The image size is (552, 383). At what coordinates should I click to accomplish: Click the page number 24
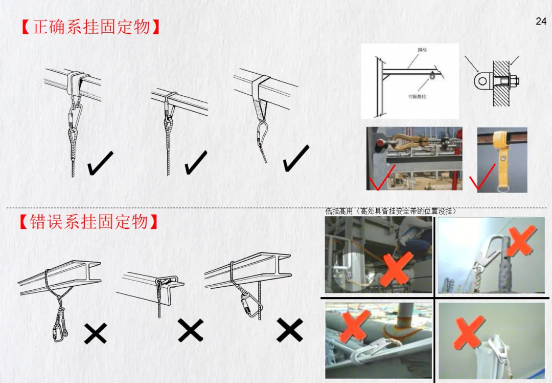pyautogui.click(x=541, y=21)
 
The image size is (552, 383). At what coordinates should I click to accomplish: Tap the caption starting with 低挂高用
pyautogui.click(x=390, y=211)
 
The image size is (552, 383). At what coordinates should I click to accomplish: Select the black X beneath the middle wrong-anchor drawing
pyautogui.click(x=190, y=330)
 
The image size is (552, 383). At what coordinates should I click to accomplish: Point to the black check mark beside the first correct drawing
pyautogui.click(x=100, y=163)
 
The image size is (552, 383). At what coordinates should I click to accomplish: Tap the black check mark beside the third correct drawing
pyautogui.click(x=296, y=159)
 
